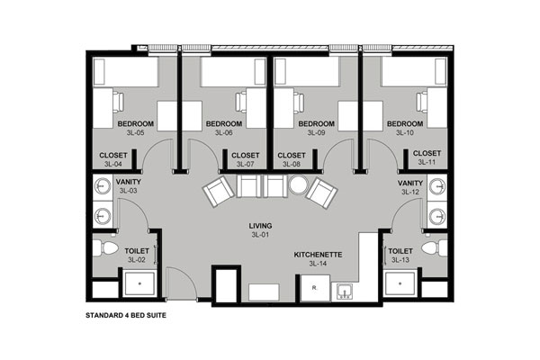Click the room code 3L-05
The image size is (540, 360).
pyautogui.click(x=135, y=132)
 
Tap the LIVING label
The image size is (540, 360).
pyautogui.click(x=260, y=226)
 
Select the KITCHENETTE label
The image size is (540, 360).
pyautogui.click(x=318, y=255)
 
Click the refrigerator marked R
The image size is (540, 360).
pyautogui.click(x=315, y=288)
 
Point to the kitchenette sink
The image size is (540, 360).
pyautogui.click(x=344, y=292)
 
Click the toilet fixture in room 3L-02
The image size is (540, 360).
pyautogui.click(x=105, y=248)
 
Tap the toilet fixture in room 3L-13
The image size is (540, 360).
pyautogui.click(x=435, y=248)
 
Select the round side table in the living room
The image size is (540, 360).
pyautogui.click(x=298, y=185)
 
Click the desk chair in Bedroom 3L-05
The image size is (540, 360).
pyautogui.click(x=117, y=102)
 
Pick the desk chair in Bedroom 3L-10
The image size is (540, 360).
pyautogui.click(x=422, y=102)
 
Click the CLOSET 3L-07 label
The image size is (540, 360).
pyautogui.click(x=245, y=160)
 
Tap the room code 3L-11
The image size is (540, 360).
pyautogui.click(x=427, y=162)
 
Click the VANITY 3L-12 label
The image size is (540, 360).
pyautogui.click(x=410, y=187)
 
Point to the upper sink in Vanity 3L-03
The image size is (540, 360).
pyautogui.click(x=103, y=186)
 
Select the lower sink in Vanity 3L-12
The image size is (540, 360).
pyautogui.click(x=437, y=216)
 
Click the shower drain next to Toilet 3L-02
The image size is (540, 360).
pyautogui.click(x=139, y=283)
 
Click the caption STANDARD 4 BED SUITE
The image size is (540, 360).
pyautogui.click(x=126, y=315)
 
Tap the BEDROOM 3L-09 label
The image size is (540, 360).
pyautogui.click(x=316, y=128)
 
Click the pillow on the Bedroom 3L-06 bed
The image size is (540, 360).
pyautogui.click(x=260, y=72)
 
